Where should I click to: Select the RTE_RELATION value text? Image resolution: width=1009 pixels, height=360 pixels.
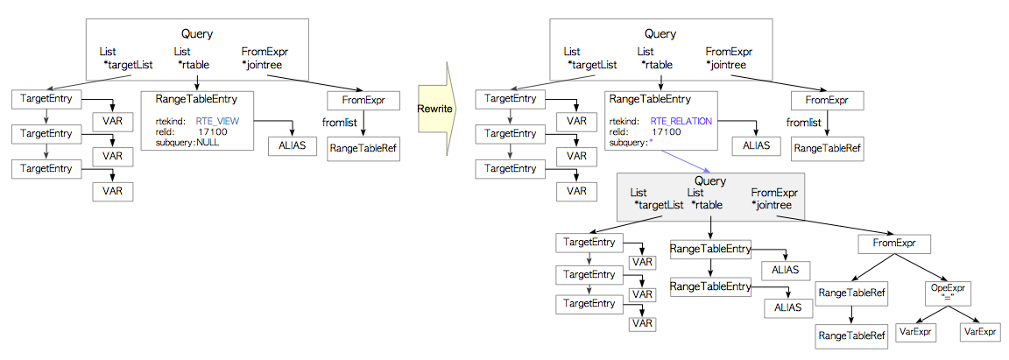[x=681, y=120]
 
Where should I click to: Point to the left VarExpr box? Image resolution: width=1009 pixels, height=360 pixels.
[x=916, y=333]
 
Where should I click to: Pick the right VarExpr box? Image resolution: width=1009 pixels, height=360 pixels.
[x=981, y=333]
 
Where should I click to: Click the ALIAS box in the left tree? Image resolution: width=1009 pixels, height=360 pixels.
[x=293, y=145]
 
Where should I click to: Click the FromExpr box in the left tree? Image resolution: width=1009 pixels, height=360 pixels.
[x=363, y=100]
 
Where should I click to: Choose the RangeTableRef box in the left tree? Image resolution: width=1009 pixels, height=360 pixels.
[x=363, y=149]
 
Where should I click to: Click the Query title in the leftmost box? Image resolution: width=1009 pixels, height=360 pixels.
[x=197, y=33]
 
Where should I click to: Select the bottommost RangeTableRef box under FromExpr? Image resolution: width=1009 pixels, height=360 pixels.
[x=852, y=335]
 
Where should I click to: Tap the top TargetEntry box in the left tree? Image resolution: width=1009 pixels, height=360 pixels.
[x=46, y=98]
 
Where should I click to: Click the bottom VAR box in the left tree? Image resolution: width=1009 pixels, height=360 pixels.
[x=112, y=191]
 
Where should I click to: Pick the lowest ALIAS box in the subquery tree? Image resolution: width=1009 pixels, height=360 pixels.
[x=787, y=307]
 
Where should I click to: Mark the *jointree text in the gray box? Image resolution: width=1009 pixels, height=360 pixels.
[x=772, y=205]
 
